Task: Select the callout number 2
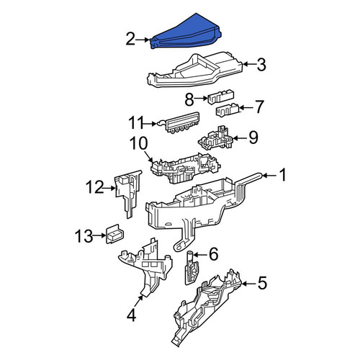(x=131, y=39)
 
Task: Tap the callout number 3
(x=261, y=65)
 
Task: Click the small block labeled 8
(x=220, y=96)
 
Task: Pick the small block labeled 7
(x=228, y=109)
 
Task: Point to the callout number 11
(x=136, y=123)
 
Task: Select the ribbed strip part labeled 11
(x=180, y=122)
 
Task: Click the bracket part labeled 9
(x=215, y=138)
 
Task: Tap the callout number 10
(x=139, y=143)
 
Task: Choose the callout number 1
(x=283, y=174)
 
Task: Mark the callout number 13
(x=84, y=236)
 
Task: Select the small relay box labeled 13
(x=114, y=234)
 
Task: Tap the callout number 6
(x=214, y=254)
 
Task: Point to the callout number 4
(x=131, y=315)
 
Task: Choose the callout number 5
(x=262, y=283)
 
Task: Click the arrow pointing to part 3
(x=249, y=64)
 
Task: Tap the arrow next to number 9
(x=240, y=138)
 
